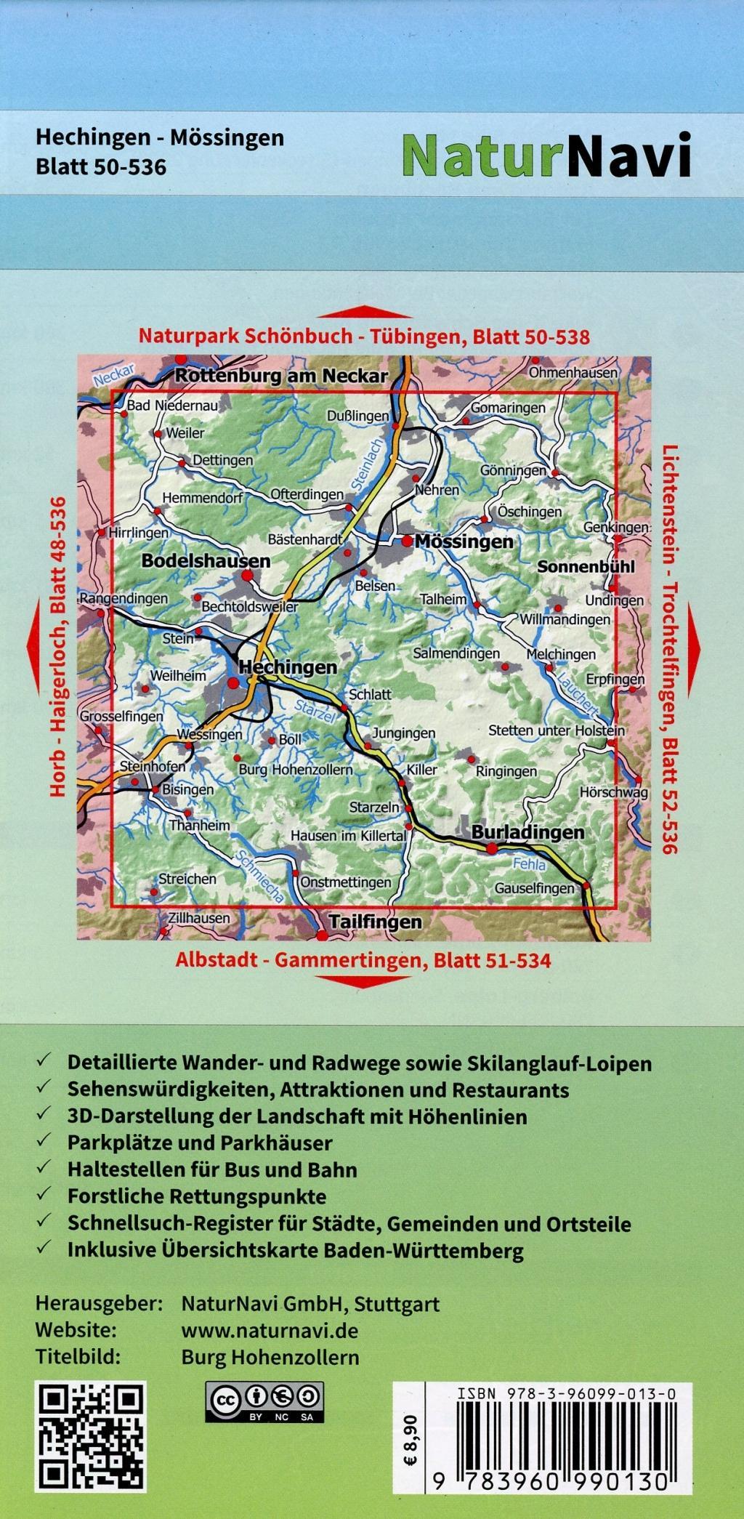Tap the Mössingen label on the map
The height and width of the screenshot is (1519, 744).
tap(464, 541)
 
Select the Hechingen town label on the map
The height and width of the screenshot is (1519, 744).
tap(288, 667)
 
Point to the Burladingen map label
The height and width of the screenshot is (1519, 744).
tap(528, 832)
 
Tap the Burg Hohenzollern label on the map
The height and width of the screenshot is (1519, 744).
tap(295, 770)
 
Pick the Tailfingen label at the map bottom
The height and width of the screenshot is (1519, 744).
tap(375, 922)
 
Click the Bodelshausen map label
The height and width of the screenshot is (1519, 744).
tap(206, 560)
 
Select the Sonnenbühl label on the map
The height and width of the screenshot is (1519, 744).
tap(586, 566)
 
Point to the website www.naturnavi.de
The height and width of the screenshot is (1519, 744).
tap(269, 1331)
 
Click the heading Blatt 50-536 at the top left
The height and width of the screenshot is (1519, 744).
tap(101, 167)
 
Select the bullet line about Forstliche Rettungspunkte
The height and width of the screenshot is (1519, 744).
tap(196, 1196)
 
